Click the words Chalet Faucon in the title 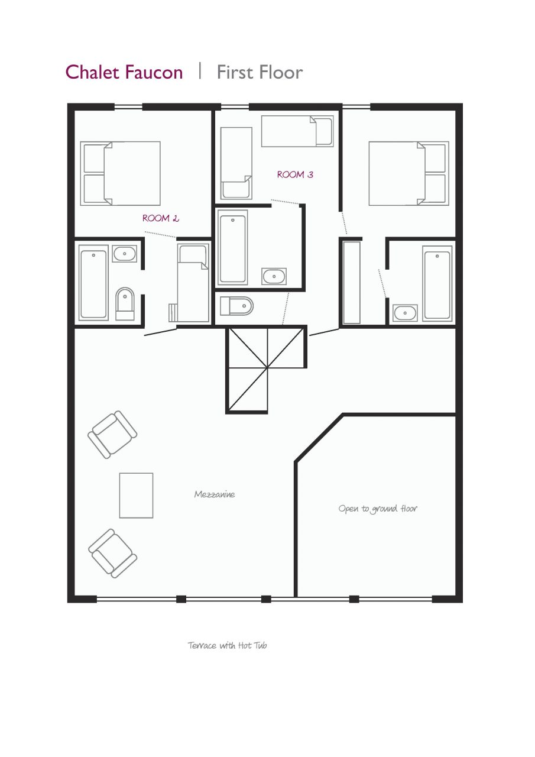[124, 72]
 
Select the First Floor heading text [260, 72]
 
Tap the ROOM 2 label [160, 218]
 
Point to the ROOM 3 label [295, 174]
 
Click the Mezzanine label [215, 494]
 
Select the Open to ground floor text [378, 509]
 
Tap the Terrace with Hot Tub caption [228, 645]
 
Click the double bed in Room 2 [121, 173]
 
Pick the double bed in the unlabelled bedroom [408, 173]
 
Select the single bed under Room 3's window [297, 131]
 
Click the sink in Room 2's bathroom [124, 254]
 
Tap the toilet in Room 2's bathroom [125, 303]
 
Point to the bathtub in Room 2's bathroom [93, 284]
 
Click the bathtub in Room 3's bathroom [232, 248]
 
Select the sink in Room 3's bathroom [274, 276]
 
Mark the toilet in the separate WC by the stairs [236, 306]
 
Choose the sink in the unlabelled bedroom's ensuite [405, 312]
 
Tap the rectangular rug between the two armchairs [137, 495]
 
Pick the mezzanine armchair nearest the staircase [112, 434]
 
